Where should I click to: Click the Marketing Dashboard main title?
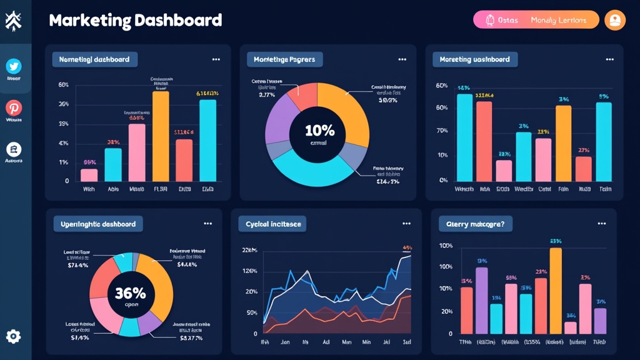(135, 21)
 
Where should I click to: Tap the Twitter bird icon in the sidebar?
(14, 66)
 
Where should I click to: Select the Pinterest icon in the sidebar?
(14, 107)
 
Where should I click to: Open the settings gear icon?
(13, 336)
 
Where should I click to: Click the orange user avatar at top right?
(615, 20)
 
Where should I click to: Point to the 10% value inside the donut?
(319, 131)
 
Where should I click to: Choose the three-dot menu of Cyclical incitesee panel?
(406, 223)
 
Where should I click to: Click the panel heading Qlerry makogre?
(475, 224)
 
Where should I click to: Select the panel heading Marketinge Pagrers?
(284, 59)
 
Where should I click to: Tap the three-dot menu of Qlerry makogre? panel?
(601, 223)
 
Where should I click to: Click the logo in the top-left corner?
(13, 21)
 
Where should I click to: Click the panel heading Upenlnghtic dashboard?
(97, 224)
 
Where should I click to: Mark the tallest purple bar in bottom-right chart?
(481, 300)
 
